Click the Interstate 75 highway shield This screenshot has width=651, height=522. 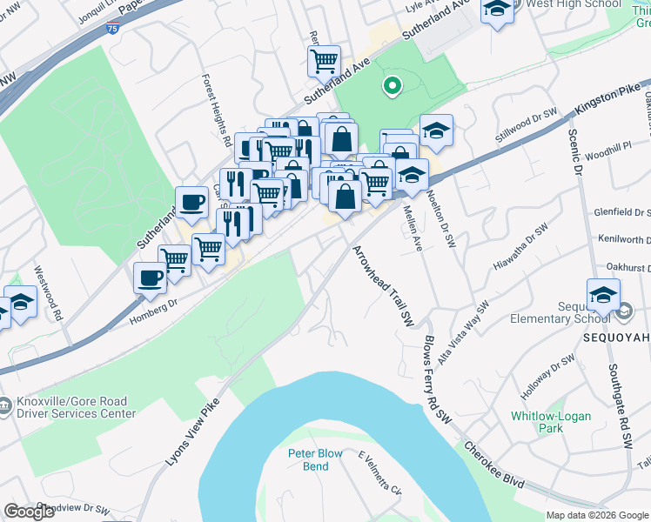tap(112, 28)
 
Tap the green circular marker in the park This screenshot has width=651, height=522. tap(392, 85)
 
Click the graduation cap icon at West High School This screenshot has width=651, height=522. tap(497, 10)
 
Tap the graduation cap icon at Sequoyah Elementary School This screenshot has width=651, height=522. tap(603, 294)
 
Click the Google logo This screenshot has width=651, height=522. tap(30, 512)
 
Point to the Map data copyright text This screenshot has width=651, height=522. tap(597, 515)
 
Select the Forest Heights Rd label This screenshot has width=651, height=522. tap(217, 110)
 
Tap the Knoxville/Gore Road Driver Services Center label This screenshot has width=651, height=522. tap(73, 408)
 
